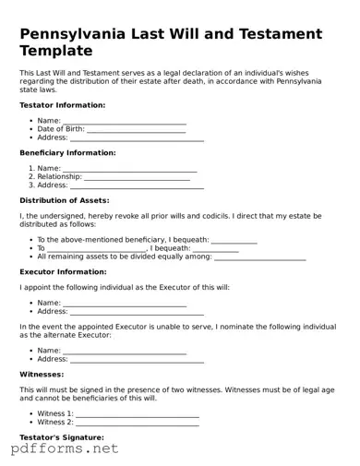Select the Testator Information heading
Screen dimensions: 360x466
pyautogui.click(x=62, y=105)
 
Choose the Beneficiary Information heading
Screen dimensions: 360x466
pyautogui.click(x=67, y=152)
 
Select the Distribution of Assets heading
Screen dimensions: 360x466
pyautogui.click(x=64, y=199)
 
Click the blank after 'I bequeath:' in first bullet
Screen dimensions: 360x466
pyautogui.click(x=234, y=240)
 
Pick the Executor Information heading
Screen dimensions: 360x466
pyautogui.click(x=63, y=272)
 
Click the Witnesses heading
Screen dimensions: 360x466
pyautogui.click(x=42, y=374)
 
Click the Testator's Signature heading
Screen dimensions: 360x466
pyautogui.click(x=61, y=436)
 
